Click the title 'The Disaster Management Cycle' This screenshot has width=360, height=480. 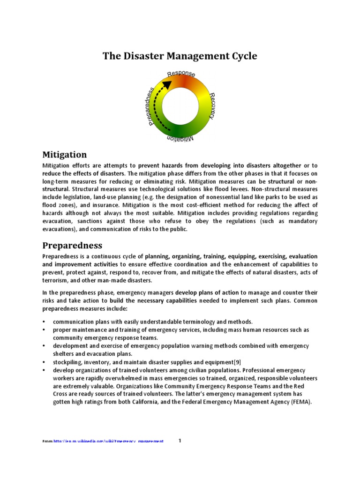[x=180, y=56]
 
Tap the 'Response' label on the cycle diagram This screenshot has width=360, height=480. [x=181, y=74]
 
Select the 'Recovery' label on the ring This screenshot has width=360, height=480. [x=212, y=105]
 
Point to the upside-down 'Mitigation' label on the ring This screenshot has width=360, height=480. [x=180, y=138]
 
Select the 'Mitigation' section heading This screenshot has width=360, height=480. [x=65, y=154]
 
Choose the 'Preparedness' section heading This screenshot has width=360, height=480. [x=72, y=245]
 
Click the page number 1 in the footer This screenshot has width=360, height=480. [x=180, y=441]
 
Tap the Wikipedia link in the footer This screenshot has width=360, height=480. [x=109, y=442]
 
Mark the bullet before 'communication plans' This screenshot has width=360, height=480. [x=44, y=322]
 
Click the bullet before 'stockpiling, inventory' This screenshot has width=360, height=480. [x=44, y=362]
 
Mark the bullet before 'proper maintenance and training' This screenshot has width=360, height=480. [x=44, y=330]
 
